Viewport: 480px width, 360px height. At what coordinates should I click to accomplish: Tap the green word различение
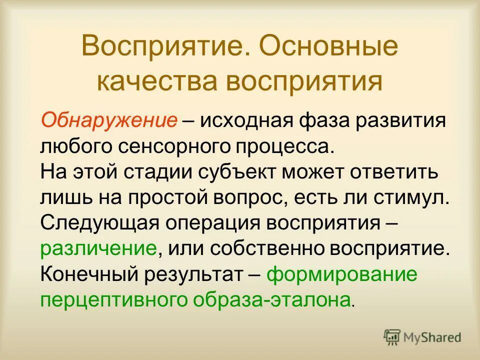point(99,249)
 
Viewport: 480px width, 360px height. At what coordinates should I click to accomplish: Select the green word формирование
point(341,274)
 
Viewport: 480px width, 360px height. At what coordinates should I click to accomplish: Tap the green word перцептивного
point(109,300)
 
